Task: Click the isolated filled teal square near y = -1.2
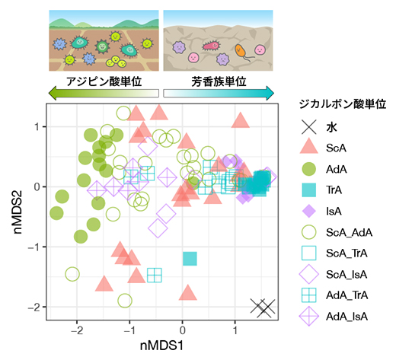tap(190, 259)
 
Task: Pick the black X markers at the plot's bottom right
tap(263, 307)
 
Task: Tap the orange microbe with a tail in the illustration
tap(241, 52)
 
